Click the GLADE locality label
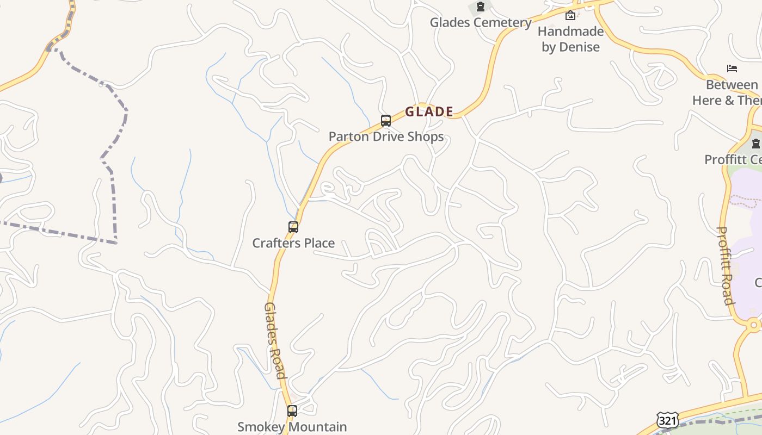tap(429, 112)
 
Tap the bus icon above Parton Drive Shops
tap(386, 121)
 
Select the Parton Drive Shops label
tap(386, 136)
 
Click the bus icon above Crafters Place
tap(293, 227)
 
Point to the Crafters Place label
tap(293, 243)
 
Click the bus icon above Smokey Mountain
tap(292, 411)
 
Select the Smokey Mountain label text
tap(292, 427)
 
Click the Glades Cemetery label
tap(481, 23)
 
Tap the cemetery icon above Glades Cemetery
tap(481, 7)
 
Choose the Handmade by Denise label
tap(570, 39)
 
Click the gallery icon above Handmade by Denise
tap(570, 15)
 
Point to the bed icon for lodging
tap(732, 69)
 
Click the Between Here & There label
tap(729, 92)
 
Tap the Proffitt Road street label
tap(726, 265)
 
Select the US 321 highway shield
tap(667, 420)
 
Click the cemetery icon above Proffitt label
tap(755, 144)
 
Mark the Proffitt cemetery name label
tap(734, 160)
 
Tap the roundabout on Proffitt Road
tap(754, 325)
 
